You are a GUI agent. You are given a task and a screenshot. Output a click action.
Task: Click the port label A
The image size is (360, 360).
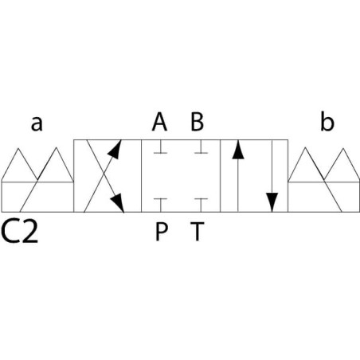click(x=159, y=122)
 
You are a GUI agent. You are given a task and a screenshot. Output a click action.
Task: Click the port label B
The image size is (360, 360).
click(x=198, y=122)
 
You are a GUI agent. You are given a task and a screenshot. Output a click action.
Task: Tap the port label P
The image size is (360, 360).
click(x=161, y=232)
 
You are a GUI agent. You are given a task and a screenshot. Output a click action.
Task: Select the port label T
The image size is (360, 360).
click(x=198, y=232)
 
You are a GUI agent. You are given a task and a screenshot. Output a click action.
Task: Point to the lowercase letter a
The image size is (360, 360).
click(x=37, y=123)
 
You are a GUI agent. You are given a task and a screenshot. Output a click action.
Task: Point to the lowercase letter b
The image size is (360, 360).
click(x=327, y=122)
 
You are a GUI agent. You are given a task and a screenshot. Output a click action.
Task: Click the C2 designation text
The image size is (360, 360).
click(x=20, y=232)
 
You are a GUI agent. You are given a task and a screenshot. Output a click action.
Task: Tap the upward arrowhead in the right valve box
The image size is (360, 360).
click(x=238, y=150)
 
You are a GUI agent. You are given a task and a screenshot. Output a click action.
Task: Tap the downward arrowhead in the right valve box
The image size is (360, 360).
click(x=272, y=202)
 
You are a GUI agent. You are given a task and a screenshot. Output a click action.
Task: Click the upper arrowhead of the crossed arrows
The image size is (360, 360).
click(x=115, y=149)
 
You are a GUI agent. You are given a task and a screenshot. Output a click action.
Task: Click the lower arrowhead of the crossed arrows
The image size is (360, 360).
click(x=118, y=203)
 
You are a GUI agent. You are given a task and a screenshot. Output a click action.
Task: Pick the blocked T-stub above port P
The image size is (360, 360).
click(x=160, y=205)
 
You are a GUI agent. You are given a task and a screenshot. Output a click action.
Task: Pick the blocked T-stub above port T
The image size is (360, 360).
click(x=201, y=205)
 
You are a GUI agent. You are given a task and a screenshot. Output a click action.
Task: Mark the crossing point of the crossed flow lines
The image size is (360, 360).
click(x=104, y=175)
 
